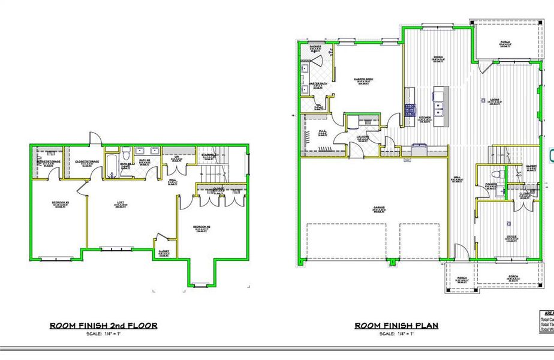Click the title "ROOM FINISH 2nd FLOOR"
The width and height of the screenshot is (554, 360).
pyautogui.click(x=103, y=326)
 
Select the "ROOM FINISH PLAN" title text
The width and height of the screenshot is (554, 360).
pyautogui.click(x=396, y=326)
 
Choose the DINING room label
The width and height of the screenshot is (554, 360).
pyautogui.click(x=438, y=58)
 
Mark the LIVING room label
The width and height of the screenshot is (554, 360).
pyautogui.click(x=495, y=100)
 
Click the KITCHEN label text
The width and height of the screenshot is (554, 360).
pyautogui.click(x=424, y=118)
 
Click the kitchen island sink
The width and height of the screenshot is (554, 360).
pyautogui.click(x=441, y=109)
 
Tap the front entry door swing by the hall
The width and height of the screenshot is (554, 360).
pyautogui.click(x=459, y=253)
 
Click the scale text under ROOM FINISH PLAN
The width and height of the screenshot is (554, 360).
pyautogui.click(x=396, y=334)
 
